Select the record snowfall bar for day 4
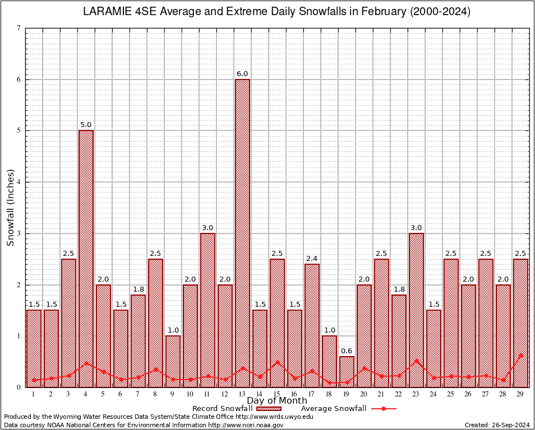coord(86,259)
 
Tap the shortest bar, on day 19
coord(347,371)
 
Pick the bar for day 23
coord(417,310)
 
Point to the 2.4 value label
coord(312,258)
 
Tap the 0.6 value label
coord(347,350)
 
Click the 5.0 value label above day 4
coord(86,125)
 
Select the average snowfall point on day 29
coord(521,355)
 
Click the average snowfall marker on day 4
coord(86,363)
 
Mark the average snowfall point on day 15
coord(278,362)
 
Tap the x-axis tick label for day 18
coord(330,394)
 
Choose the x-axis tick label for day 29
coord(521,394)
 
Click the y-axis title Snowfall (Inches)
coord(11,207)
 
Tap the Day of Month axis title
coord(277,401)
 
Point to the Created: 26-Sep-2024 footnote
coord(497,425)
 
